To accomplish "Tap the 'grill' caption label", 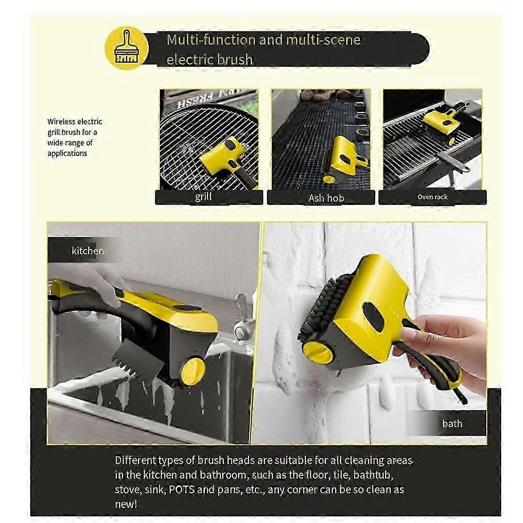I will (x=204, y=197).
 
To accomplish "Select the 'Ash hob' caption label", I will (x=326, y=198).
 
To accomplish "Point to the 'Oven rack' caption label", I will (x=432, y=197).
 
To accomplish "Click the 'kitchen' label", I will (x=88, y=251).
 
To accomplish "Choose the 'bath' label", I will (x=452, y=423).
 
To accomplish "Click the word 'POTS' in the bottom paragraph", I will (x=181, y=489).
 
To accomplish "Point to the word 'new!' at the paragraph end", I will (x=126, y=504).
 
